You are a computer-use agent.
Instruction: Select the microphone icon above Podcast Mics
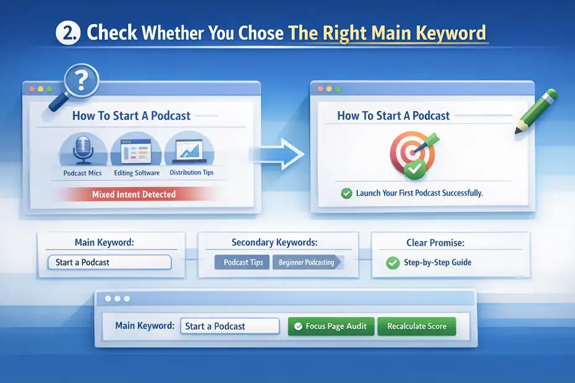tap(82, 149)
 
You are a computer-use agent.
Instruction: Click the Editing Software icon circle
tap(135, 149)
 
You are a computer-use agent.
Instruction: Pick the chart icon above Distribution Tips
tap(189, 149)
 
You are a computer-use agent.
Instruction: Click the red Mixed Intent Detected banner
tap(134, 194)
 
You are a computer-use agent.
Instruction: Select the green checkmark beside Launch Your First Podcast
tap(347, 193)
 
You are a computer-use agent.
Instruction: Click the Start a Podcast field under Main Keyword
tap(109, 262)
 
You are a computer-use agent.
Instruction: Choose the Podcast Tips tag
tap(243, 262)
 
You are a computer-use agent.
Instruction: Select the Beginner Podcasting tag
tap(306, 263)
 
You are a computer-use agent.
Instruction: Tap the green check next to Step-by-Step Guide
tap(392, 263)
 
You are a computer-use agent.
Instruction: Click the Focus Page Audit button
tap(331, 326)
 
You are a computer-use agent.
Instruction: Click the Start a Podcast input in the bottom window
tap(229, 326)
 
